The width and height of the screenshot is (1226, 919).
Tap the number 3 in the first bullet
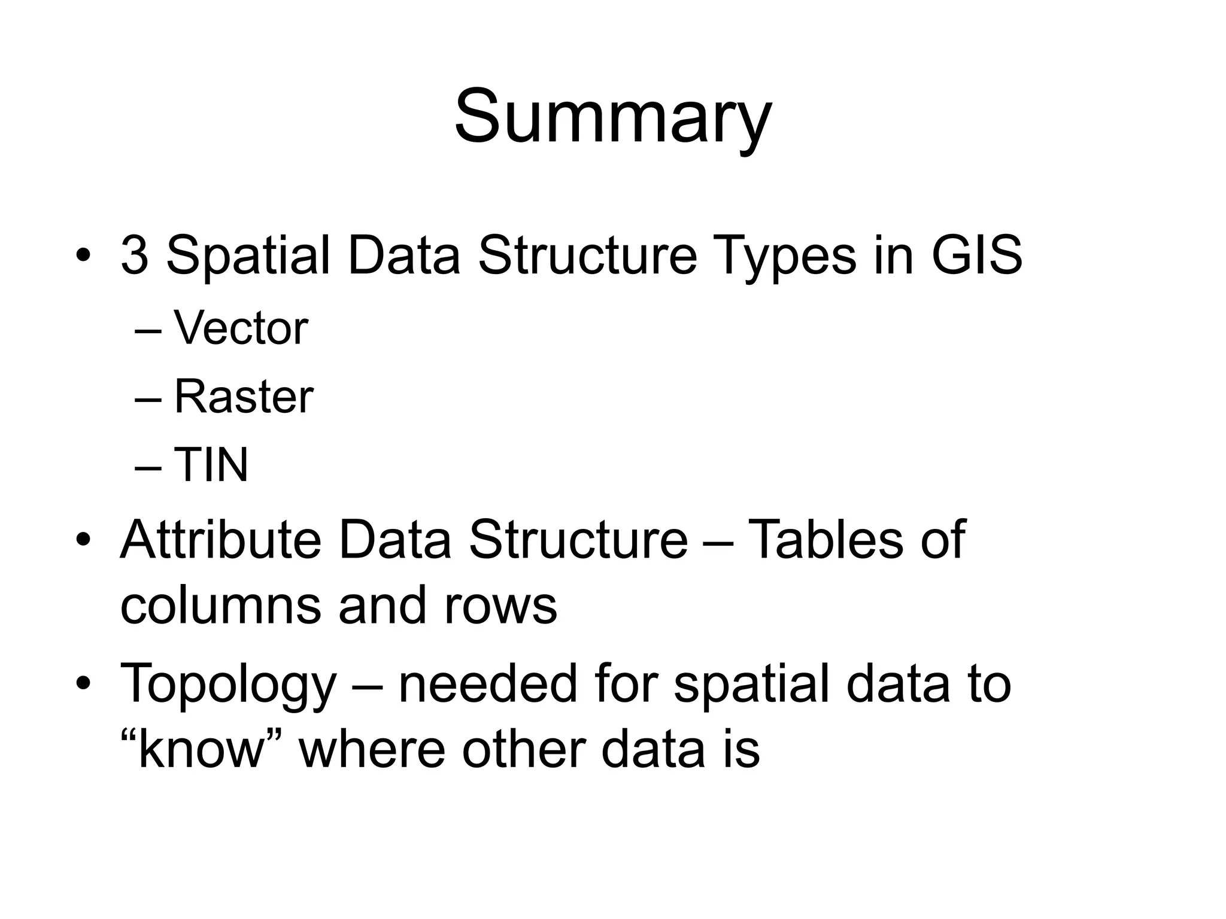point(134,255)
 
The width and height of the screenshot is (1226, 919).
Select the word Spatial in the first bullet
point(248,255)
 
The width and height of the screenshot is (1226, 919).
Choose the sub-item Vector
point(241,328)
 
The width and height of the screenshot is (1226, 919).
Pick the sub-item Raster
point(243,397)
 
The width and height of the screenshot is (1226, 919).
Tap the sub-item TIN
point(211,465)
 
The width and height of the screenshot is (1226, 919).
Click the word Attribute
point(221,540)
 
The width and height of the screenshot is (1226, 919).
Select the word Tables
point(826,540)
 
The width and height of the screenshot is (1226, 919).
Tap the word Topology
point(228,684)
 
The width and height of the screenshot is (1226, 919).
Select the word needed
point(487,684)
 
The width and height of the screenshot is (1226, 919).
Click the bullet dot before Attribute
point(83,540)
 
